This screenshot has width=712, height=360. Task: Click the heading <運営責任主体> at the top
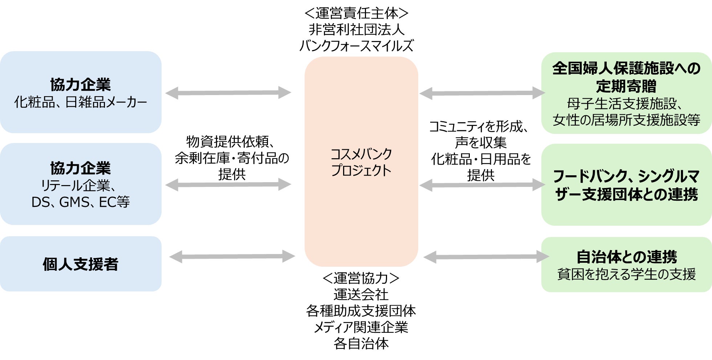click(x=357, y=13)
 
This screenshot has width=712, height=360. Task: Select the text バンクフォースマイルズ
click(x=357, y=46)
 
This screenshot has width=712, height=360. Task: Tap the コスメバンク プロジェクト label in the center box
click(x=361, y=162)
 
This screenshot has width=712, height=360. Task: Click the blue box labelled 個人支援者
click(x=81, y=264)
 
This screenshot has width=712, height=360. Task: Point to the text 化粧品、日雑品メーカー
click(x=81, y=102)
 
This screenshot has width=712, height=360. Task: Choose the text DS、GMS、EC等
click(x=81, y=202)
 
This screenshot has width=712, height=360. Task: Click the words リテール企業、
click(x=78, y=185)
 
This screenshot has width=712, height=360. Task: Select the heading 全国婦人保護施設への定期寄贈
click(x=626, y=77)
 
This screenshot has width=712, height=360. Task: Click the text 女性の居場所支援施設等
click(x=626, y=120)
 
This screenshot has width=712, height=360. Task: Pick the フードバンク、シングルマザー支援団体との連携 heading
click(x=626, y=185)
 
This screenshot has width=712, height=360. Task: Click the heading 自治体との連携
click(x=626, y=257)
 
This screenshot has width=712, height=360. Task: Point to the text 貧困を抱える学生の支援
click(x=626, y=274)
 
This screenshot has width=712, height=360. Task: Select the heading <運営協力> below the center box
click(x=361, y=278)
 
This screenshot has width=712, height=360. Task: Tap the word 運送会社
click(x=361, y=294)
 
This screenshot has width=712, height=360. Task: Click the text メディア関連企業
click(x=361, y=327)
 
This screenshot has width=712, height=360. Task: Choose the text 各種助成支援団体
click(x=361, y=311)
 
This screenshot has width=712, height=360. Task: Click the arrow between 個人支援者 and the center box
click(x=232, y=257)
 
